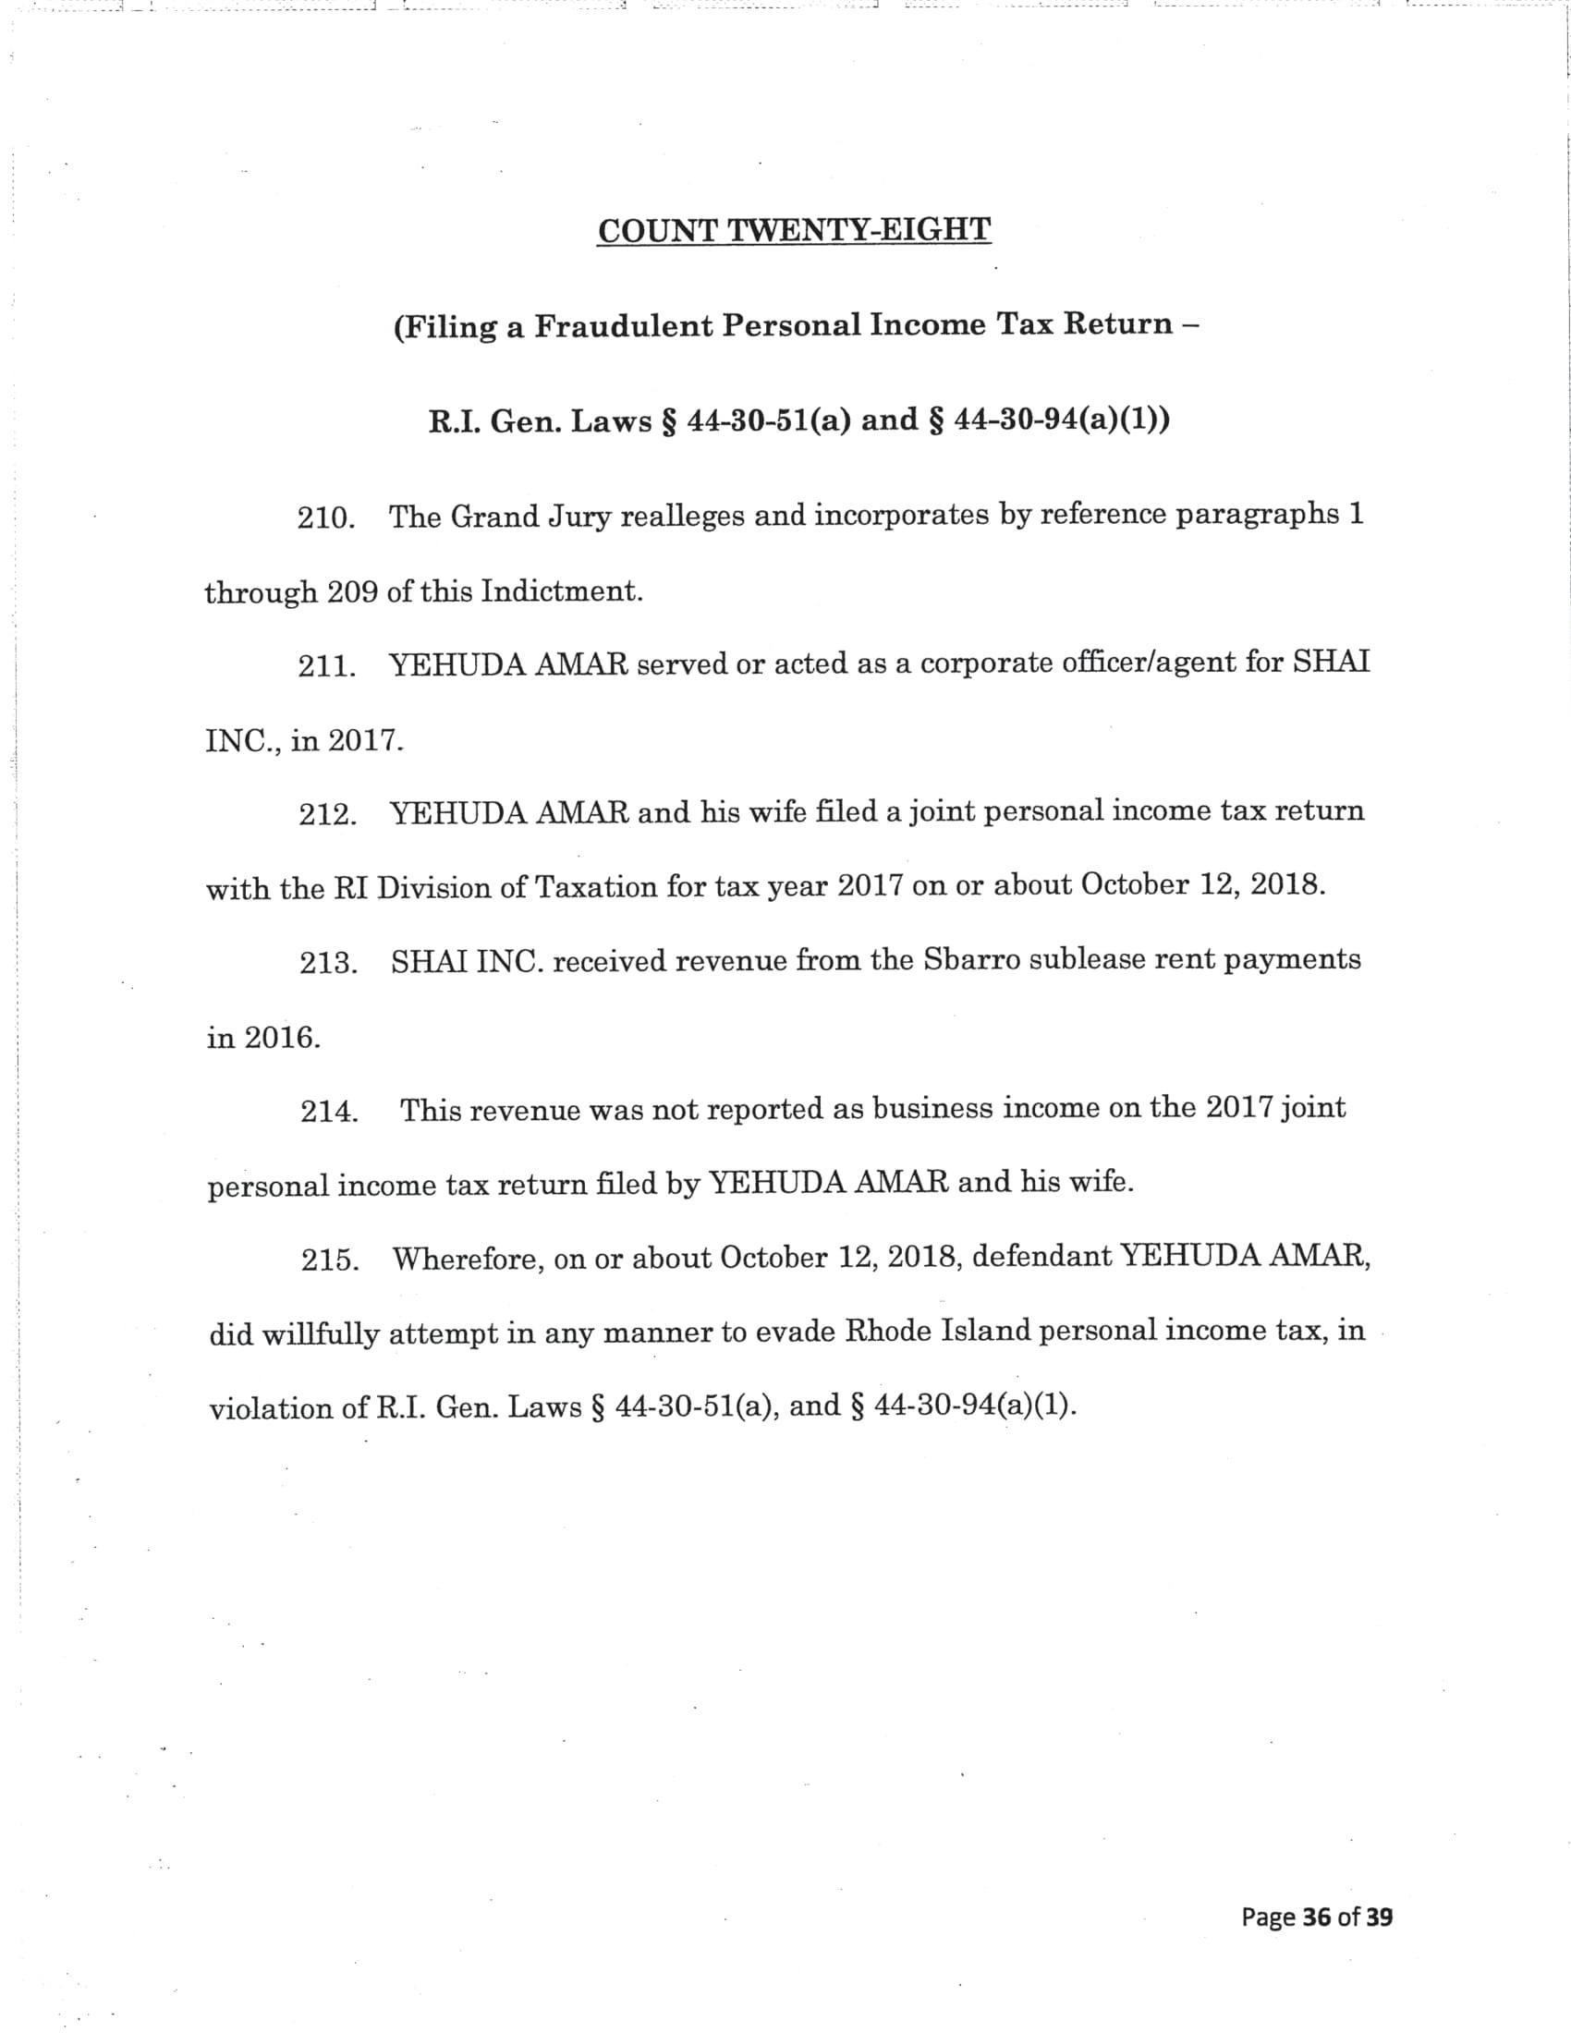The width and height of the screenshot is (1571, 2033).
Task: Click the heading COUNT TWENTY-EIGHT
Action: tap(794, 230)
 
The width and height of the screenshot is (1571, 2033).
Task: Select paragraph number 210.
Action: tap(325, 518)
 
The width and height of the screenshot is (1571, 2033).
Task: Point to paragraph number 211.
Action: tap(325, 666)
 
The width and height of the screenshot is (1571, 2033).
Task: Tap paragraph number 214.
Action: tap(329, 1112)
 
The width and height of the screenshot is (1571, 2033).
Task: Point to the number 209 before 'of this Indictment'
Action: tap(352, 593)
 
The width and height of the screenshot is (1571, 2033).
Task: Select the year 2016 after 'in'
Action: tap(282, 1038)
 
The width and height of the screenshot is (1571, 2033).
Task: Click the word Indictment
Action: tap(561, 592)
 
